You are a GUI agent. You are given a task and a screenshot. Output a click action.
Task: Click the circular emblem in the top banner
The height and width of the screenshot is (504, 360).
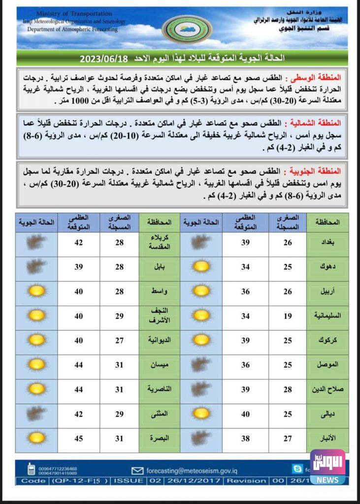coord(188,29)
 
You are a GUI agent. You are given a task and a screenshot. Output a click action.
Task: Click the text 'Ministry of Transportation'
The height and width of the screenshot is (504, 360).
coord(74,14)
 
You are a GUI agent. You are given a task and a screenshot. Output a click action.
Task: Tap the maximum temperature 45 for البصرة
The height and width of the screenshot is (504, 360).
coord(79,438)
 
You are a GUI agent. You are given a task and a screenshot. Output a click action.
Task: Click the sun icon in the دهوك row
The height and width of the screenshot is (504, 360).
coord(201,267)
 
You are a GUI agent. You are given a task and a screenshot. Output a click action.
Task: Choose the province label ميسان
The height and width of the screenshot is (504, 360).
coord(160,365)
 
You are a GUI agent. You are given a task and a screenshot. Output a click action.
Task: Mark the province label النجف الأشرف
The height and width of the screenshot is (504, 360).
coord(160,315)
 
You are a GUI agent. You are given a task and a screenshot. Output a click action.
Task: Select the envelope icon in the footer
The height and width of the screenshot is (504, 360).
coord(137,471)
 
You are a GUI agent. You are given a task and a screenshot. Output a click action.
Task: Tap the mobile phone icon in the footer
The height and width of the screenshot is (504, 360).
coord(31,469)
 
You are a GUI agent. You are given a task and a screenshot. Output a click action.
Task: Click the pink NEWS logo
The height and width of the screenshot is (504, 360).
coord(327,466)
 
